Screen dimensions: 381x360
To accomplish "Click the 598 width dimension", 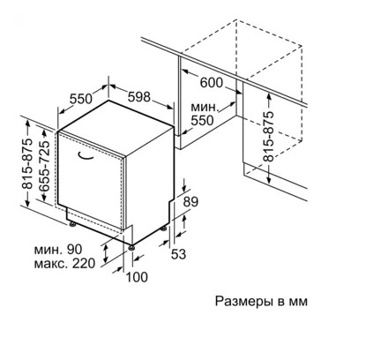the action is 139,96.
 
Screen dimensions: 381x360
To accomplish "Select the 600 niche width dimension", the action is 212,83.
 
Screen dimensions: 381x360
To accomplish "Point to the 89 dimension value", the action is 190,202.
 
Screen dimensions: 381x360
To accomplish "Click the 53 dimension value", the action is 179,254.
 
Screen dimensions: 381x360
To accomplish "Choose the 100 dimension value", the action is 137,277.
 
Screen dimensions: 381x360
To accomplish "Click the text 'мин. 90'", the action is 58,250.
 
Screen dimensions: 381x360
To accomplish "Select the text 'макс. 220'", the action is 64,263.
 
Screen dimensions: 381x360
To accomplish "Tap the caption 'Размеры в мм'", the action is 261,302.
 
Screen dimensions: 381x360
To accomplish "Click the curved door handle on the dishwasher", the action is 86,157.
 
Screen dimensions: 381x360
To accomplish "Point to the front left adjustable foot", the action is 72,224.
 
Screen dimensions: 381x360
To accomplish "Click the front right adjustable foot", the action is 131,247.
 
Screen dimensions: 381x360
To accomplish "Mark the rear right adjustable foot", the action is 164,229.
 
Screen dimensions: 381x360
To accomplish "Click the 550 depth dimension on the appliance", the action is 81,99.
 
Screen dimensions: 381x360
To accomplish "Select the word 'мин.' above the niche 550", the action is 205,107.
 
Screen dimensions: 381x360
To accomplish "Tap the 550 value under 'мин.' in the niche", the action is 202,120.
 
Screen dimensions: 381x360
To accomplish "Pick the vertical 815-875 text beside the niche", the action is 268,137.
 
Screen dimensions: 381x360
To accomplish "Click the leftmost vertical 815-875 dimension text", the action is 27,163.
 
